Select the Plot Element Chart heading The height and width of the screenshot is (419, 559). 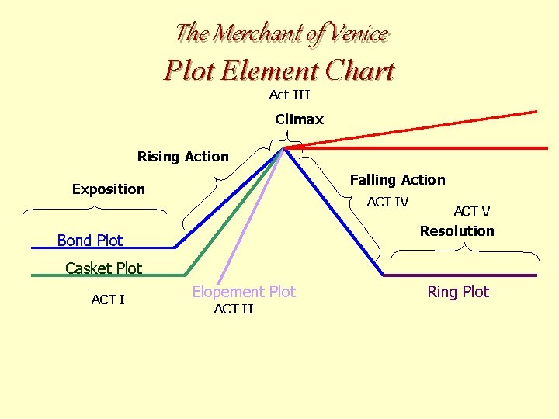pos(279,71)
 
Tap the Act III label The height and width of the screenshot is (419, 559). pos(289,95)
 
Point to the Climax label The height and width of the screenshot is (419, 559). pos(299,119)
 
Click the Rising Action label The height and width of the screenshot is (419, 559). pos(183,157)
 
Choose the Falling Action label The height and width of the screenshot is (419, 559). pos(398,180)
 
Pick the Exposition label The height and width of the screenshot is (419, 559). pos(109,189)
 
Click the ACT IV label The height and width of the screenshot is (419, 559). pos(387,203)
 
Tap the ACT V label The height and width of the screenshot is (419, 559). pos(472,211)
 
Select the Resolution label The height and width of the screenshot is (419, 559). pos(457,231)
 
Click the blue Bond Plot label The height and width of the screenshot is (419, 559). pos(90,241)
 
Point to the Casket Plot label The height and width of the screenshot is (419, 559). pos(104,268)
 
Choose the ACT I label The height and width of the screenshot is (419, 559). pos(108,300)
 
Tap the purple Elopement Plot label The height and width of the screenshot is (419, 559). pos(244,292)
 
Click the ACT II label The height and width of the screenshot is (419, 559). pos(234,309)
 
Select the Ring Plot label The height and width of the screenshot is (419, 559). pos(458,292)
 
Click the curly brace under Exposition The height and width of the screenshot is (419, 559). pos(95,208)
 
